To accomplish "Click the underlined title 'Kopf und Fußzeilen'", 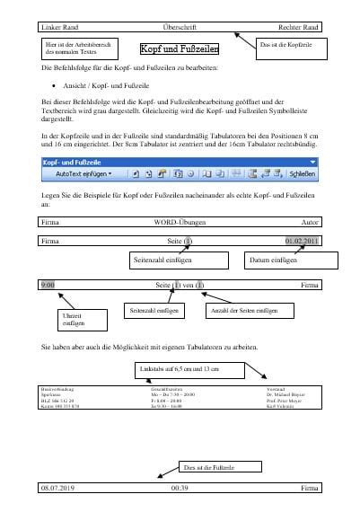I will point(180,51).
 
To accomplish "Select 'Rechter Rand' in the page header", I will point(298,27).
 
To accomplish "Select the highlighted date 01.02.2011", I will point(301,241).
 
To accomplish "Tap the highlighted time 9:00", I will point(48,285).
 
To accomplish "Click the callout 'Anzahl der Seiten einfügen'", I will point(241,311).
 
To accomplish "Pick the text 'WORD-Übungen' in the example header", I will point(180,220).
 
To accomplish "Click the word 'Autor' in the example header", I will point(310,220).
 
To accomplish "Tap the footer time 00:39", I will point(180,487).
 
